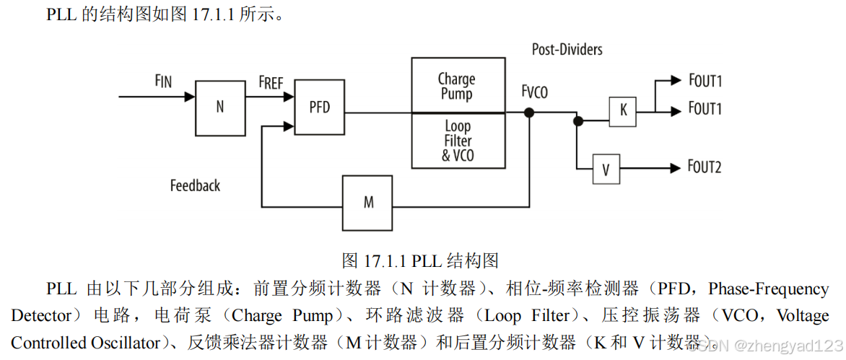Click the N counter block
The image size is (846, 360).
[219, 107]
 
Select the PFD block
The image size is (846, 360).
[320, 107]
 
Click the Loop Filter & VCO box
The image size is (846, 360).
[458, 141]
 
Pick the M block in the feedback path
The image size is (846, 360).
[368, 203]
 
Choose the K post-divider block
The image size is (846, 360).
[623, 111]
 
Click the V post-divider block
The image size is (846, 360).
[606, 170]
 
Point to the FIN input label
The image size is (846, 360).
[163, 81]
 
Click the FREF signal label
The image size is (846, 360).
[271, 83]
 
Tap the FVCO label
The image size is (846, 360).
[534, 92]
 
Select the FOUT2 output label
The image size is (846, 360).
[704, 167]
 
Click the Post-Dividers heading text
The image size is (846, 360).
[567, 50]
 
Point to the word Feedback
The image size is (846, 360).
[195, 185]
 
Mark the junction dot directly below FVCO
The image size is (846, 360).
[529, 112]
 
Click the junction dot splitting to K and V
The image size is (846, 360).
[577, 121]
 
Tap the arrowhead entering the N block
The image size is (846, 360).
[190, 96]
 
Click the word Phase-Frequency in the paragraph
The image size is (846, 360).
[768, 289]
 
